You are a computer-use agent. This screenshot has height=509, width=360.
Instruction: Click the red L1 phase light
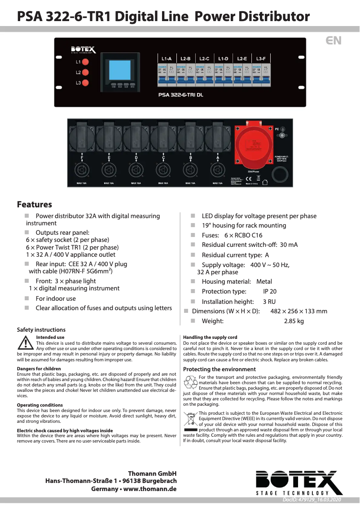tap(85, 61)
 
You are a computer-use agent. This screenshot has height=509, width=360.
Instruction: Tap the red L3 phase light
tap(85, 83)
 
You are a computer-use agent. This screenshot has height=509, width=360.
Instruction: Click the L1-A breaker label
tap(167, 59)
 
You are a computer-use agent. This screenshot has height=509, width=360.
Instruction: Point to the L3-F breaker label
tap(261, 59)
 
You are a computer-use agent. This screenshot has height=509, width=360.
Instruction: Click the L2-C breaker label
tap(204, 59)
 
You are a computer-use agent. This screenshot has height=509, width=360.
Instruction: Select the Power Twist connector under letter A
tap(218, 171)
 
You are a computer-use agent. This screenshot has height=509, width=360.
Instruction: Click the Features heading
tap(35, 205)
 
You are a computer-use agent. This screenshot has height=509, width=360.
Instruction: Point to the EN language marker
tap(334, 40)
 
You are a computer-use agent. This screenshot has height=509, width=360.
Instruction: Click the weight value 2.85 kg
tap(294, 321)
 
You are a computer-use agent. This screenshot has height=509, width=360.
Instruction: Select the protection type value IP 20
tap(270, 292)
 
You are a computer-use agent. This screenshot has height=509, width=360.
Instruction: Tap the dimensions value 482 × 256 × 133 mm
tap(299, 311)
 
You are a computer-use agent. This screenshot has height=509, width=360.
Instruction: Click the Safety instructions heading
tap(41, 329)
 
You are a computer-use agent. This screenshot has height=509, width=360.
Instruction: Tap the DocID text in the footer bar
tap(312, 500)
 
